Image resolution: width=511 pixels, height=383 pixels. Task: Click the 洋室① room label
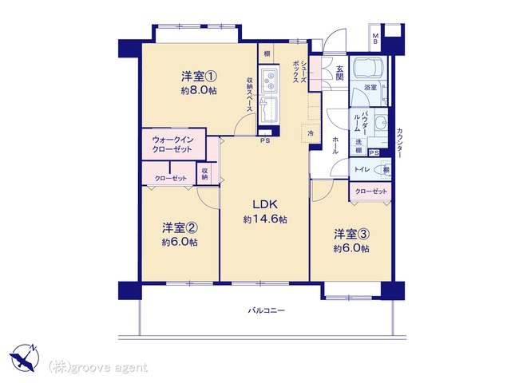coord(199,77)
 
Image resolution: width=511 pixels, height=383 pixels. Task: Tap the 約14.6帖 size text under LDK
coord(265,219)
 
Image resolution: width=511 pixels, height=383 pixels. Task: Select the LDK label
coord(265,203)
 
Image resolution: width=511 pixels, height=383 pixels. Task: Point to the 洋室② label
coord(180,227)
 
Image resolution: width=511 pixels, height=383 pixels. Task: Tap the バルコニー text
coord(267,310)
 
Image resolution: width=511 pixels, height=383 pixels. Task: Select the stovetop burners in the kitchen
coord(270,79)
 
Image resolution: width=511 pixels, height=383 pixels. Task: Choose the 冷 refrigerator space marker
coord(311,134)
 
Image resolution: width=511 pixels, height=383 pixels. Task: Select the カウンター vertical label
coord(399,142)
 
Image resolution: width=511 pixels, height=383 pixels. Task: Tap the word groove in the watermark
coord(91,367)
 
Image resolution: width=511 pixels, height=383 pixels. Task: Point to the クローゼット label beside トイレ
coord(370,191)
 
